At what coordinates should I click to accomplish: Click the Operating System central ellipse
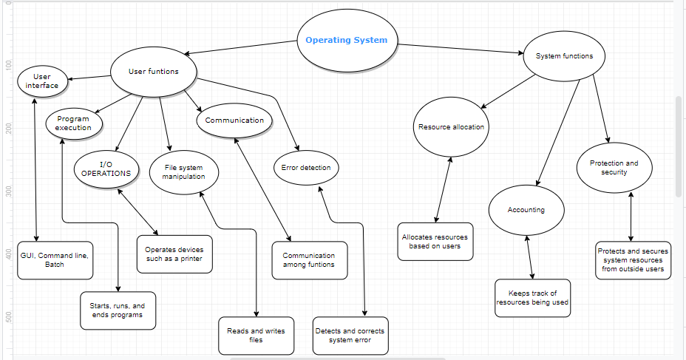coord(346,41)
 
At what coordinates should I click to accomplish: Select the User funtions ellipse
coord(154,72)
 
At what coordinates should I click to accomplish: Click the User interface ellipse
coord(42,81)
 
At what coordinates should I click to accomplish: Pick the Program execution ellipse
coord(73,123)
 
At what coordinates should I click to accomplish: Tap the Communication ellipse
coord(234,120)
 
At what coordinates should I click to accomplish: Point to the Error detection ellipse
coord(306,168)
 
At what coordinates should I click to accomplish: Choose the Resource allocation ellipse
coord(451,127)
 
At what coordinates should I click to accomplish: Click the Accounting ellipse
coord(526,210)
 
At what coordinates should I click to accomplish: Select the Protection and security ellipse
coord(614,168)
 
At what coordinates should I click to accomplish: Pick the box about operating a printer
coord(174,254)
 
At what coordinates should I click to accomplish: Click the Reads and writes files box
coord(256,336)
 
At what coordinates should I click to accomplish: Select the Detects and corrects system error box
coord(350,336)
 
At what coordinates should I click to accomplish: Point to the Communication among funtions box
coord(309,260)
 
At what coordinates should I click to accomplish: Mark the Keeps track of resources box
coord(532,298)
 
